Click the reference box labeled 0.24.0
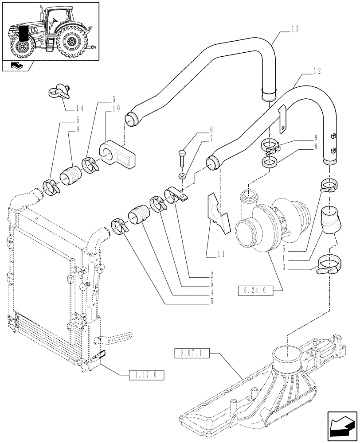pyautogui.click(x=254, y=291)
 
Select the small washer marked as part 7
pyautogui.click(x=182, y=177)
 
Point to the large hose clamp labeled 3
pyautogui.click(x=327, y=268)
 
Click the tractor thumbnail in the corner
pyautogui.click(x=50, y=31)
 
